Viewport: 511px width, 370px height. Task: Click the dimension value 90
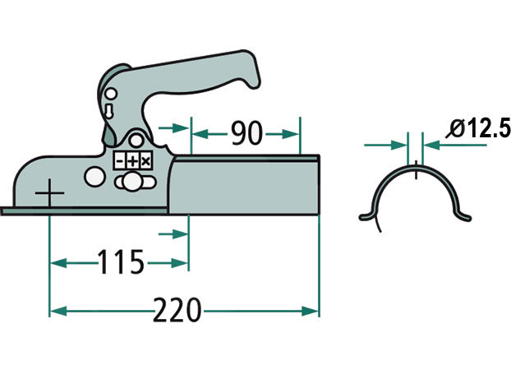[246, 133]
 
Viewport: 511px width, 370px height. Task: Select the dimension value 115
[120, 261]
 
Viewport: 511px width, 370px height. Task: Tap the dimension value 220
[177, 310]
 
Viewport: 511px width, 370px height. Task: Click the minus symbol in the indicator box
[120, 161]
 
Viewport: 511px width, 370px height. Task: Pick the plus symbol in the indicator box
[132, 161]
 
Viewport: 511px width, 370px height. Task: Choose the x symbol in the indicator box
[145, 161]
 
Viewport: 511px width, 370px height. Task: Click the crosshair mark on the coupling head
[49, 193]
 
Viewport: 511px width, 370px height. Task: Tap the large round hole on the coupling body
[94, 177]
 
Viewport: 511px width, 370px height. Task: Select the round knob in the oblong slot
[132, 182]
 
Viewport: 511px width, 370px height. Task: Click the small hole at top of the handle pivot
[111, 94]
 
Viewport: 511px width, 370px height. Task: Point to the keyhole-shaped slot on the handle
[109, 111]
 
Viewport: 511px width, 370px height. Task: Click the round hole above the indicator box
[136, 141]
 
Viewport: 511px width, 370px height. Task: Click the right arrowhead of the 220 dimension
[310, 311]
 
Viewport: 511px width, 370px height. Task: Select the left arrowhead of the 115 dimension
[58, 263]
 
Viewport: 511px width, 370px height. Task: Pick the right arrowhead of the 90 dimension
[290, 134]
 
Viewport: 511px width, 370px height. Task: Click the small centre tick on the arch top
[416, 169]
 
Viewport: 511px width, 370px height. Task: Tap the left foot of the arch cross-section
[366, 216]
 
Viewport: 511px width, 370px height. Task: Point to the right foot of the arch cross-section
[464, 216]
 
